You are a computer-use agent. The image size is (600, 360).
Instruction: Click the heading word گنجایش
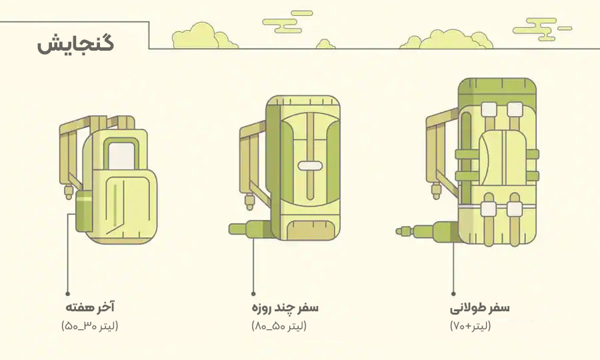[x=75, y=45]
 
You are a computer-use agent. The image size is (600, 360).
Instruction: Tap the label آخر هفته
[x=90, y=307]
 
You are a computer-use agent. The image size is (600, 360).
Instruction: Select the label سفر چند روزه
[x=285, y=307]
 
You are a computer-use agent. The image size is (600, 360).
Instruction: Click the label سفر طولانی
[x=480, y=307]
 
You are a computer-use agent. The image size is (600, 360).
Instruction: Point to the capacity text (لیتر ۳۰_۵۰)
[x=90, y=326]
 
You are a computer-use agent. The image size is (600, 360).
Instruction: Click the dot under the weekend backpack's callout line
[x=67, y=293]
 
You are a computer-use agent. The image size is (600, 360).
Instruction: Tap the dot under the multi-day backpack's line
[x=253, y=293]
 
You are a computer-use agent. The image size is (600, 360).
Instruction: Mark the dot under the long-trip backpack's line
[x=453, y=293]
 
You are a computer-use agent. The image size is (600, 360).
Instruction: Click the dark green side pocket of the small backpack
[x=85, y=210]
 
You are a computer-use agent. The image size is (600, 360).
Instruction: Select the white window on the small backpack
[x=121, y=154]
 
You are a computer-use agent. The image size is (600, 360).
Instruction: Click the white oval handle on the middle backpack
[x=310, y=165]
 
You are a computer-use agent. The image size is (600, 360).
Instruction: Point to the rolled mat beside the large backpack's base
[x=427, y=232]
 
